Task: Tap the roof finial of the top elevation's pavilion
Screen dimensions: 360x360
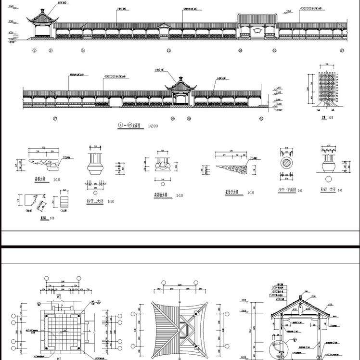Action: [x=43, y=10]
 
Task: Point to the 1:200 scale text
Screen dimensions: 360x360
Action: [x=153, y=126]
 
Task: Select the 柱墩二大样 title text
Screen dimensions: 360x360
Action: [x=94, y=201]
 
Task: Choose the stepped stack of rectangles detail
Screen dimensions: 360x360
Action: [x=64, y=200]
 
